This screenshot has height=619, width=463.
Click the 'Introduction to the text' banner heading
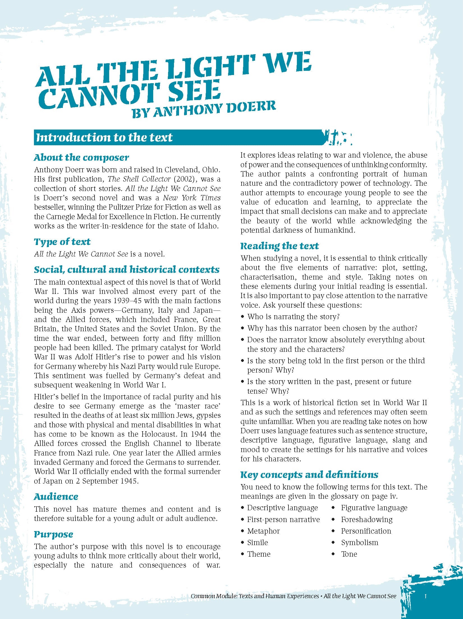(x=104, y=137)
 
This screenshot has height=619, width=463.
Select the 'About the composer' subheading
(x=81, y=157)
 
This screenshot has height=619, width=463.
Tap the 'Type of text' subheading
(x=62, y=242)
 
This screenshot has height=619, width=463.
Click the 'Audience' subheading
(x=56, y=496)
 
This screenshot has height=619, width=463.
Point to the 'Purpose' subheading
(x=54, y=534)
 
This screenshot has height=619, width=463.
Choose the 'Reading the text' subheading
(x=279, y=246)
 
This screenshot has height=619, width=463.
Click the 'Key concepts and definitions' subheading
(x=309, y=475)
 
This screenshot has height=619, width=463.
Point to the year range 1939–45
(x=129, y=301)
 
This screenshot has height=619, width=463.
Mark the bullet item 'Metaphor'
(x=263, y=531)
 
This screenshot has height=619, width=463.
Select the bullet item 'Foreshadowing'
(x=366, y=520)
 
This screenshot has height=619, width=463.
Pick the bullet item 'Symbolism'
(x=359, y=543)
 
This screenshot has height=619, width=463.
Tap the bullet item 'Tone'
(x=349, y=554)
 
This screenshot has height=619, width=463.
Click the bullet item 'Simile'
(x=257, y=543)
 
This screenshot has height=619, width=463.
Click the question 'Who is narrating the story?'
(x=294, y=317)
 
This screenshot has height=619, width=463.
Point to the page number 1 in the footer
(x=425, y=604)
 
